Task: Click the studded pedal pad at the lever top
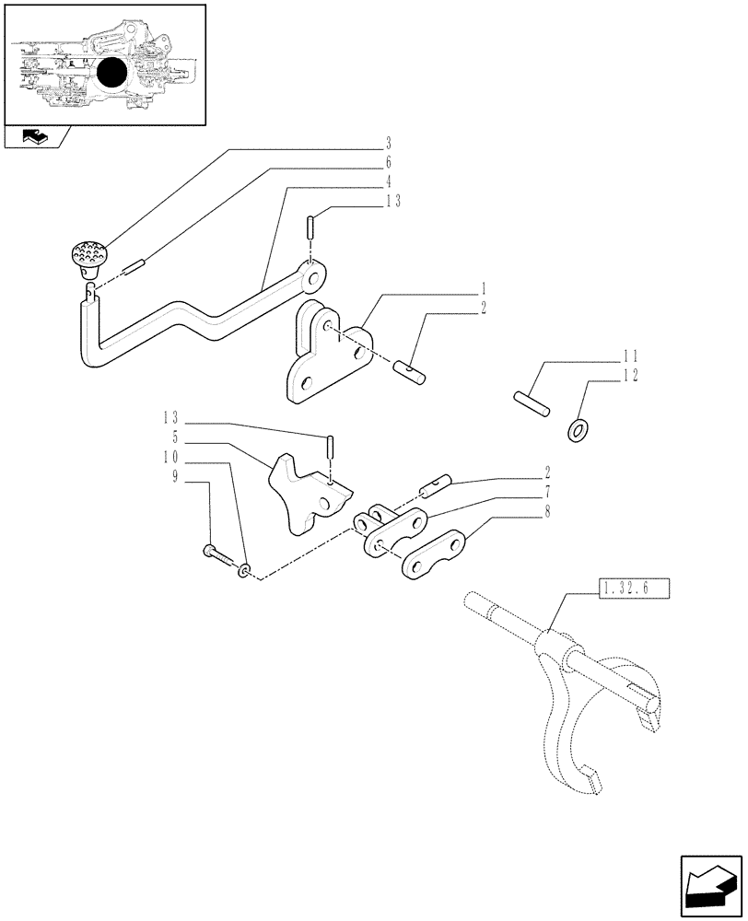88,252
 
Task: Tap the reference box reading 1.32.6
635,587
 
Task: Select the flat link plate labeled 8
432,555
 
